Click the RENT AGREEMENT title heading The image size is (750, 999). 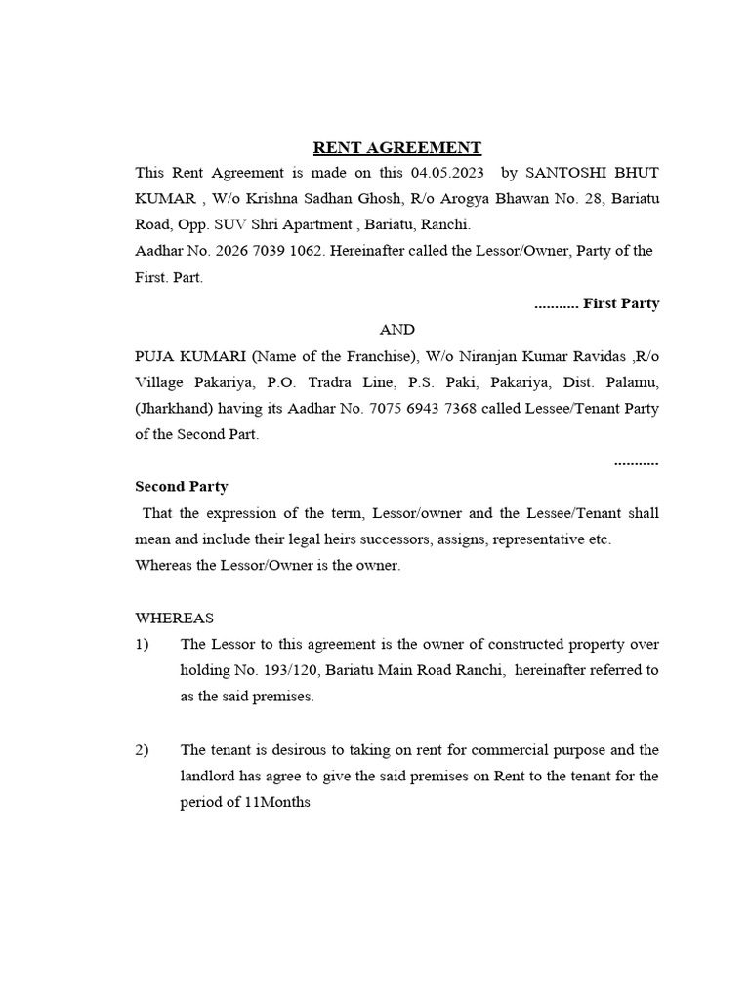(396, 148)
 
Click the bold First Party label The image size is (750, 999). (621, 303)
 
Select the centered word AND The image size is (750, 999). (396, 330)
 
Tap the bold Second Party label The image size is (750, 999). (182, 487)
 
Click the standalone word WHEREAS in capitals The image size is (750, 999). (174, 618)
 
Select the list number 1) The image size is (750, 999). (143, 644)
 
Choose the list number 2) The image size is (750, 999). (143, 749)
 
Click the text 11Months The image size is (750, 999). (277, 802)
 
